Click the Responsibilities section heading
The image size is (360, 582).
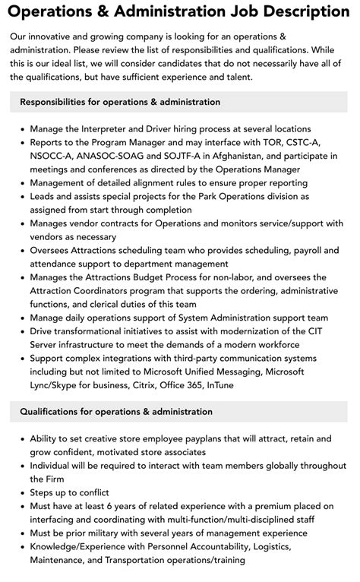(x=120, y=102)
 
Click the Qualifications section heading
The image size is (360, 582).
(x=116, y=412)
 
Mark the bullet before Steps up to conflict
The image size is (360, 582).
(x=21, y=492)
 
